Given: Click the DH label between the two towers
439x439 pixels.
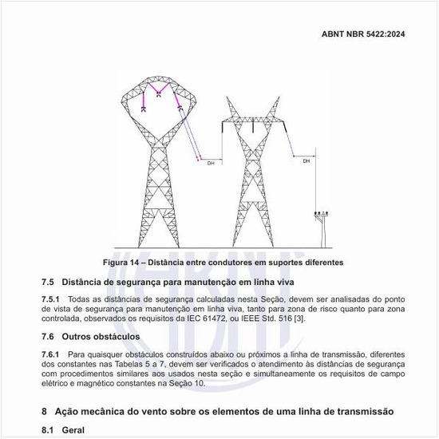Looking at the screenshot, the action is point(211,164).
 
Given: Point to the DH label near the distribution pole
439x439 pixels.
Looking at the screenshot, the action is point(306,161).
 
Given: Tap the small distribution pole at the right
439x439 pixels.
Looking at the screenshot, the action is point(321,227).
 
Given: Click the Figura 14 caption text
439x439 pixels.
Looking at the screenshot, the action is point(223,263).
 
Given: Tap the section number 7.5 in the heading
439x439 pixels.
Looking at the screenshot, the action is point(48,282).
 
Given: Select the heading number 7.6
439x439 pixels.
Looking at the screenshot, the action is point(48,337).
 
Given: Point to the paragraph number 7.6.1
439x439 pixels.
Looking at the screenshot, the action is point(50,353).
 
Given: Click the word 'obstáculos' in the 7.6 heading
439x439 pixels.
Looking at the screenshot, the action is point(117,337).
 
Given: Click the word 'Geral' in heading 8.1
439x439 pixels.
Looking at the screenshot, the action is point(73,429).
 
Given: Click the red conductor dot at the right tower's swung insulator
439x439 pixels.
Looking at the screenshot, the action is point(295,156).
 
